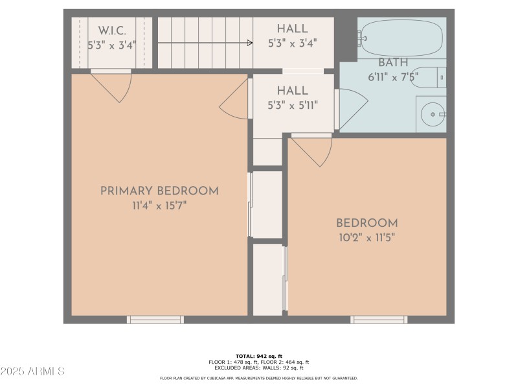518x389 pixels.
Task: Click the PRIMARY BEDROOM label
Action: pyautogui.click(x=159, y=191)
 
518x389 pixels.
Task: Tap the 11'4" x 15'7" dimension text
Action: pyautogui.click(x=159, y=206)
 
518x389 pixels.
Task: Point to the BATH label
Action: pyautogui.click(x=393, y=63)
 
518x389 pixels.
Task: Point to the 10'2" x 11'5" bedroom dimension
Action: pyautogui.click(x=366, y=237)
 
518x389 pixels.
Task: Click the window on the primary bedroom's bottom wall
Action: pyautogui.click(x=155, y=320)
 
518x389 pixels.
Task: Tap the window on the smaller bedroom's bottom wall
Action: pyautogui.click(x=379, y=320)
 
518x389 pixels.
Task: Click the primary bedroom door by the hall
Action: pyautogui.click(x=234, y=100)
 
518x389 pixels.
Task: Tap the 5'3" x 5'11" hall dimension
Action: pyautogui.click(x=292, y=106)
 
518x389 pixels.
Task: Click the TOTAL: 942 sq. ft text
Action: pyautogui.click(x=258, y=356)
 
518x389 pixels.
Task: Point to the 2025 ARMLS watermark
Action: pyautogui.click(x=32, y=371)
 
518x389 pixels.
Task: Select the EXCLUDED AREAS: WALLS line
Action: pyautogui.click(x=258, y=368)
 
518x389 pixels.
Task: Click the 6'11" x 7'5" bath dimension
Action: pyautogui.click(x=393, y=76)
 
